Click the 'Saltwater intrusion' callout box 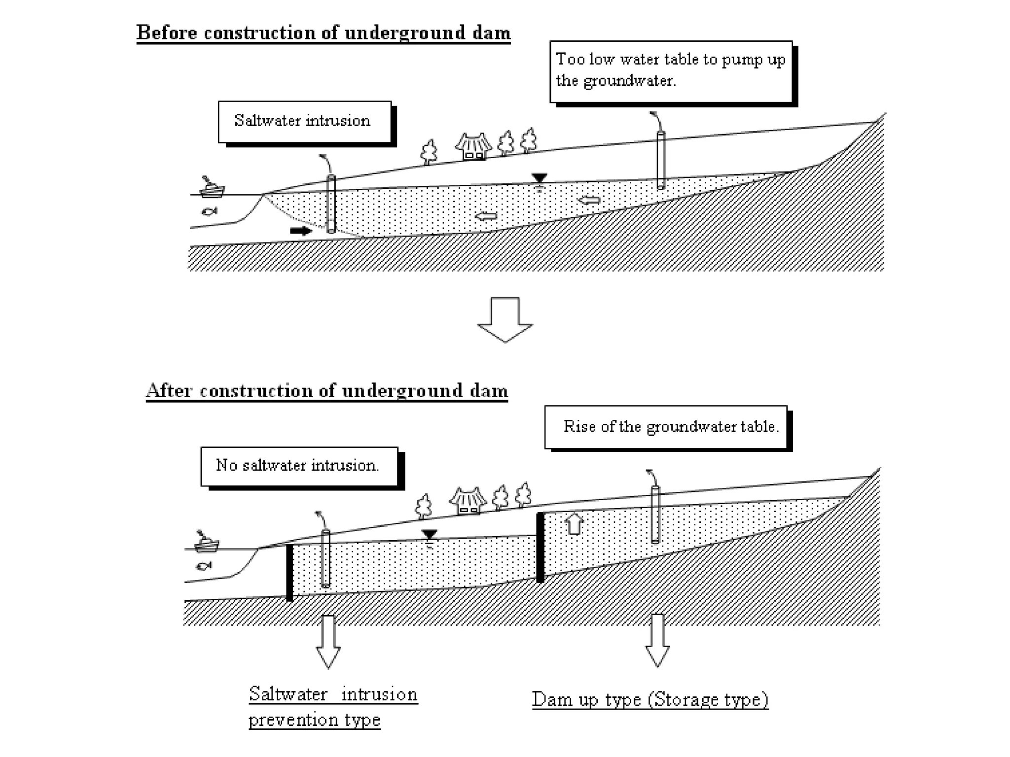pos(304,121)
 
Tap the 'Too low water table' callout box pos(671,71)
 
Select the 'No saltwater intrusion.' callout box pos(299,466)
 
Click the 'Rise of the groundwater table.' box pos(666,427)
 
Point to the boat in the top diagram pos(212,187)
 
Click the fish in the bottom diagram pos(204,565)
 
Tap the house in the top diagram pos(473,146)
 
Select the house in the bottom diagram pos(468,501)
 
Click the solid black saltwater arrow pos(300,231)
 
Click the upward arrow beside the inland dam pos(574,524)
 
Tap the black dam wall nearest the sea pos(289,572)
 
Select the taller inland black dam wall pos(541,547)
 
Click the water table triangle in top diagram pos(540,178)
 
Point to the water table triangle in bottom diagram pos(430,534)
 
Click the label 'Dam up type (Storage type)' pos(650,699)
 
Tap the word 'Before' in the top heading pos(166,33)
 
